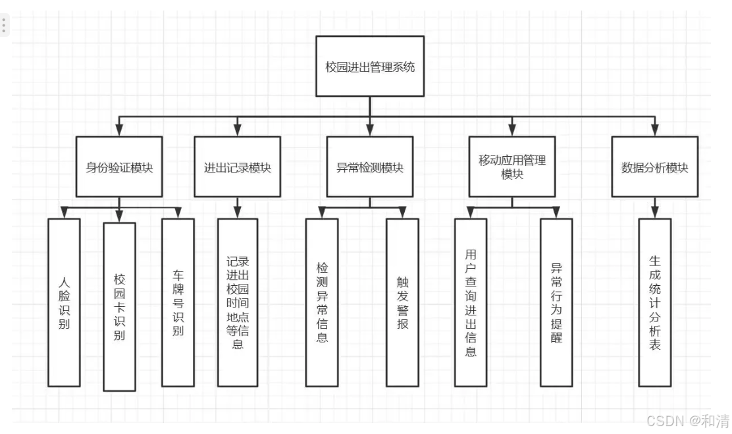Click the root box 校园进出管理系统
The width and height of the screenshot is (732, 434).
click(x=370, y=66)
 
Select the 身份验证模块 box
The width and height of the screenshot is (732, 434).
click(x=119, y=167)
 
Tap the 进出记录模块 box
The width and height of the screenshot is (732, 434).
click(x=237, y=167)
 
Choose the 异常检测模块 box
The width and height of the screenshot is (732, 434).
click(x=370, y=167)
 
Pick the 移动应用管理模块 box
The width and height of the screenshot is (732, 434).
click(x=512, y=167)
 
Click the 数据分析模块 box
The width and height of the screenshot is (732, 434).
click(x=654, y=167)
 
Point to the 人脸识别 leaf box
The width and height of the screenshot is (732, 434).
click(x=64, y=302)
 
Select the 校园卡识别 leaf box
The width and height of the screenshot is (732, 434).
click(x=119, y=308)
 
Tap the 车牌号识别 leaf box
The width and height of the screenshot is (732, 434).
click(x=178, y=302)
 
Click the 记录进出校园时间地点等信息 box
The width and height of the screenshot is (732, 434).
click(x=238, y=302)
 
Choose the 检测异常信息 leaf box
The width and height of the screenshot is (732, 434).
click(x=322, y=302)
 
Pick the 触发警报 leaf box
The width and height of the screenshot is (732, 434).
click(x=402, y=302)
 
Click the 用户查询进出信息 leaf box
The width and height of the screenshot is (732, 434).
click(x=471, y=302)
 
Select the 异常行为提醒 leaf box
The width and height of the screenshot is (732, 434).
click(x=556, y=302)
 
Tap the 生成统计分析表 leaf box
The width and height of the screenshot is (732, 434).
click(x=655, y=302)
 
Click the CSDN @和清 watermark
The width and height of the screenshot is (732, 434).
click(x=687, y=420)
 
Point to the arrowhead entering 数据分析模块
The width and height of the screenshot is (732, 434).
click(x=654, y=130)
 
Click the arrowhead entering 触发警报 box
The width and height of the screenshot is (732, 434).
click(x=402, y=213)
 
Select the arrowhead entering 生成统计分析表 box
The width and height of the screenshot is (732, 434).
click(x=655, y=213)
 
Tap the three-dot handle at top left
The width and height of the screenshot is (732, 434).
click(x=4, y=25)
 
